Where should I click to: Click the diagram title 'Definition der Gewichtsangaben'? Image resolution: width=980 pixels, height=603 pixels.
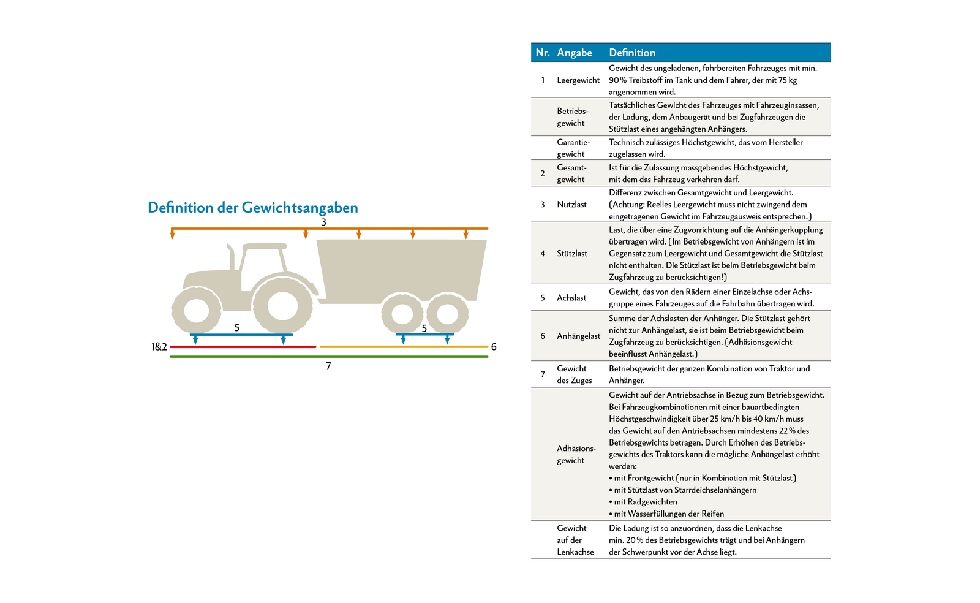tap(252, 208)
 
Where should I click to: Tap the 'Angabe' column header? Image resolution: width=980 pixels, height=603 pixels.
tap(574, 53)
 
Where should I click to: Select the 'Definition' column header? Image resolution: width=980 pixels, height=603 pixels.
tap(631, 53)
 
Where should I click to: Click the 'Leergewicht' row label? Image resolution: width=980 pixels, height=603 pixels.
tap(578, 80)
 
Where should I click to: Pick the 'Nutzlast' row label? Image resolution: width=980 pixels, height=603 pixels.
tap(571, 205)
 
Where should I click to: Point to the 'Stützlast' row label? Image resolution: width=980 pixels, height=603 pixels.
tap(571, 254)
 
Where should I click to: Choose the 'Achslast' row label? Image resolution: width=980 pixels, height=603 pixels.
tap(571, 298)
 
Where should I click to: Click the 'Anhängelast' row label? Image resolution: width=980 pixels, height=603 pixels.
tap(578, 336)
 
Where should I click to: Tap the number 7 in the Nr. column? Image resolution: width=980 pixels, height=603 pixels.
tap(543, 374)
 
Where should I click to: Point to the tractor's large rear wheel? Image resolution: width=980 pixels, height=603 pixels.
tap(282, 305)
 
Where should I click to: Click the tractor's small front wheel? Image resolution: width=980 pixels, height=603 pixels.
tap(196, 310)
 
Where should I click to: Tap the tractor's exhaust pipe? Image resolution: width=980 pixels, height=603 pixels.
tap(231, 257)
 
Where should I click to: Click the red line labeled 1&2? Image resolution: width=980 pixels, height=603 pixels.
tap(243, 347)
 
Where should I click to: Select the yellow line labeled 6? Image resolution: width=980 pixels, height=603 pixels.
tap(404, 347)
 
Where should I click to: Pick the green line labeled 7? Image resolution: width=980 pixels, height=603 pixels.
tap(328, 357)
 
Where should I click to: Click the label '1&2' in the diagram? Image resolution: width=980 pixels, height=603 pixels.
tap(159, 347)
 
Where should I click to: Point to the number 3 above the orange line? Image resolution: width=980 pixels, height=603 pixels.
tap(323, 222)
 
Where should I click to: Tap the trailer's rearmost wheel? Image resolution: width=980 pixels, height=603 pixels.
tap(447, 314)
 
